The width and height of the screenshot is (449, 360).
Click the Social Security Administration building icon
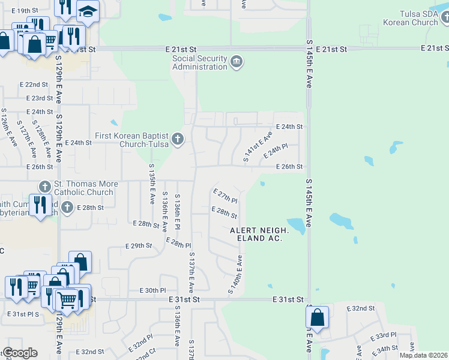click(x=237, y=62)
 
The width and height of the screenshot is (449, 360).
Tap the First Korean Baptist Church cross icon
click(x=177, y=140)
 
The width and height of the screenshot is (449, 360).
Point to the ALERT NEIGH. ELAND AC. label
click(x=259, y=234)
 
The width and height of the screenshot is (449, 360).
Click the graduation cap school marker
click(x=88, y=12)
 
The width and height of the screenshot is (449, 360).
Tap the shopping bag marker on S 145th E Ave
click(x=318, y=317)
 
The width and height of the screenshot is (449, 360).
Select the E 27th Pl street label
click(x=225, y=195)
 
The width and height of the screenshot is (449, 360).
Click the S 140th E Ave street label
click(x=234, y=275)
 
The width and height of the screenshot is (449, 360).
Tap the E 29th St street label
click(x=139, y=246)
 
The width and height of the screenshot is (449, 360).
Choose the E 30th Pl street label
click(x=152, y=290)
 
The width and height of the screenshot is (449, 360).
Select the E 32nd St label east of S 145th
click(x=361, y=308)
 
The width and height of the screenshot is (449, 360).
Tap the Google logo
click(x=20, y=353)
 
